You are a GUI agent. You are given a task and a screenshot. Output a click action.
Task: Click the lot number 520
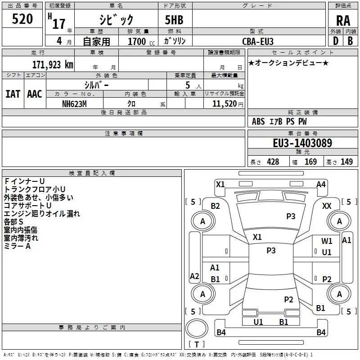pyautogui.click(x=22, y=19)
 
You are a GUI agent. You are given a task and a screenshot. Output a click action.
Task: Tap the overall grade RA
pyautogui.click(x=343, y=21)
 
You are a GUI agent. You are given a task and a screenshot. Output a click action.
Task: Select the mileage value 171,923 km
pyautogui.click(x=53, y=65)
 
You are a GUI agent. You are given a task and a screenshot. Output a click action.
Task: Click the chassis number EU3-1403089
pyautogui.click(x=302, y=143)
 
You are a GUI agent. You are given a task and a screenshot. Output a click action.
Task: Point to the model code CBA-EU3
pyautogui.click(x=258, y=41)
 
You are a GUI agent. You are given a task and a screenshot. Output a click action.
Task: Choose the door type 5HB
pyautogui.click(x=174, y=20)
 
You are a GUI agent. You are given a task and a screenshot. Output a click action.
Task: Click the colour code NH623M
pyautogui.click(x=74, y=104)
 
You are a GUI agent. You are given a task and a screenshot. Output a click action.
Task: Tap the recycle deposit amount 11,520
pyautogui.click(x=224, y=104)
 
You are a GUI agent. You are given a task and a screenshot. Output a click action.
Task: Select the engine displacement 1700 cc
pyautogui.click(x=141, y=42)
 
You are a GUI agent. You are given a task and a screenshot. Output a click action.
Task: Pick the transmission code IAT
pyautogui.click(x=13, y=94)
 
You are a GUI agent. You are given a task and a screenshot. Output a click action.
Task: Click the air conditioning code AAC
pyautogui.click(x=35, y=94)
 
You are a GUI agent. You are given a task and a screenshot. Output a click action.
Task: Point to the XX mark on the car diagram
pyautogui.click(x=327, y=206)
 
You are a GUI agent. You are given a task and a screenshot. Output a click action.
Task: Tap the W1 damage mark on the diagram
pyautogui.click(x=327, y=241)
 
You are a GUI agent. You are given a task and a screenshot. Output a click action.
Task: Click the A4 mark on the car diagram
pyautogui.click(x=321, y=184)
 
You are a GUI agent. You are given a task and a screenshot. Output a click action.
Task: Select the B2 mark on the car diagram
pyautogui.click(x=215, y=206)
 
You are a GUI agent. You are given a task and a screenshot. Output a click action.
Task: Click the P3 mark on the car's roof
pyautogui.click(x=271, y=251)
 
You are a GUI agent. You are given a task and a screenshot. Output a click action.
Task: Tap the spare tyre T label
pyautogui.click(x=197, y=344)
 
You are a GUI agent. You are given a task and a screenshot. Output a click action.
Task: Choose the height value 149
pyautogui.click(x=346, y=162)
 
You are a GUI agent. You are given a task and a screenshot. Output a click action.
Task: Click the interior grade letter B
pyautogui.click(x=350, y=41)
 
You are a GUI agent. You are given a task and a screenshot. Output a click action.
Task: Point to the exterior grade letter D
pyautogui.click(x=336, y=41)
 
